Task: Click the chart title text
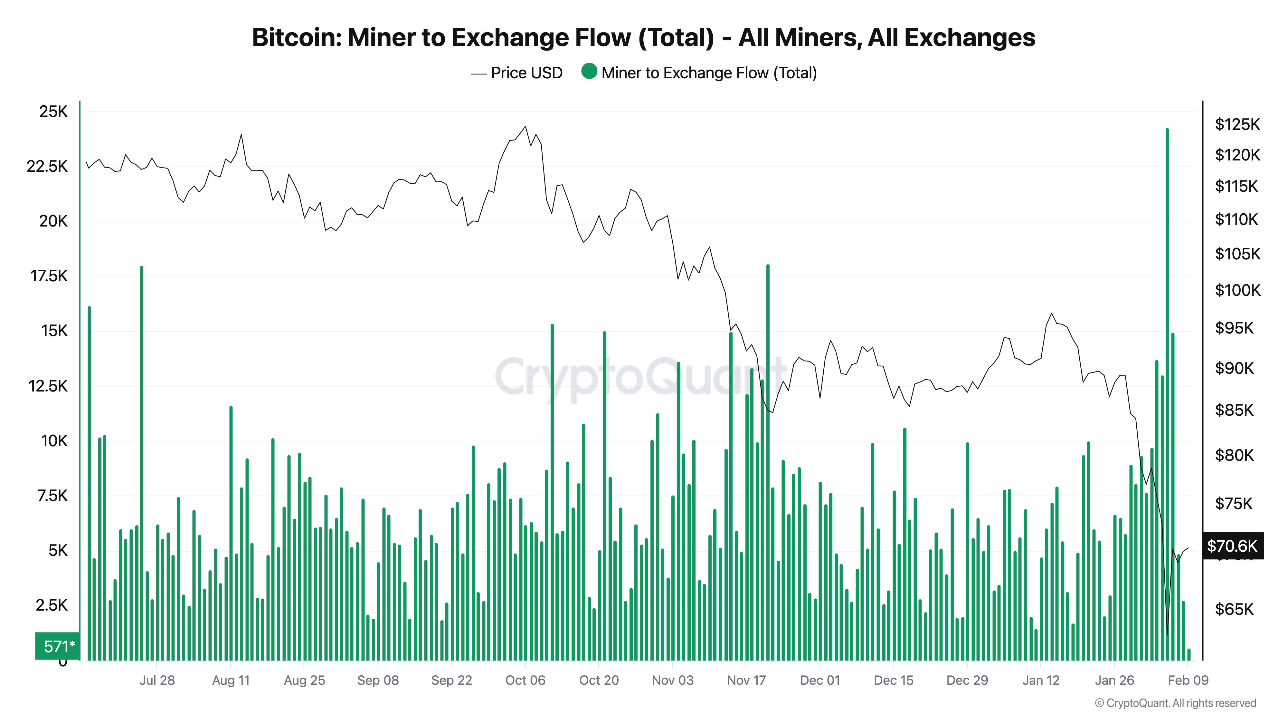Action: click(x=643, y=37)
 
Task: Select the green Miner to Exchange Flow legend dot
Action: click(x=589, y=72)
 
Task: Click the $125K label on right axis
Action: click(x=1237, y=124)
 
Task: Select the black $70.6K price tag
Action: click(x=1232, y=546)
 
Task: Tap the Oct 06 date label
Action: click(x=525, y=680)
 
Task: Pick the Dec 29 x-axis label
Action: click(x=967, y=680)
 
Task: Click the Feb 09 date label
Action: click(x=1188, y=680)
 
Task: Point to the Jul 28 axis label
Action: click(x=157, y=680)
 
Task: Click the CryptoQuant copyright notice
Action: click(x=1175, y=703)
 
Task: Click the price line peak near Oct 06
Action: click(x=525, y=127)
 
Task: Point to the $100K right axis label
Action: click(x=1237, y=290)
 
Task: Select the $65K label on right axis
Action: click(x=1234, y=609)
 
